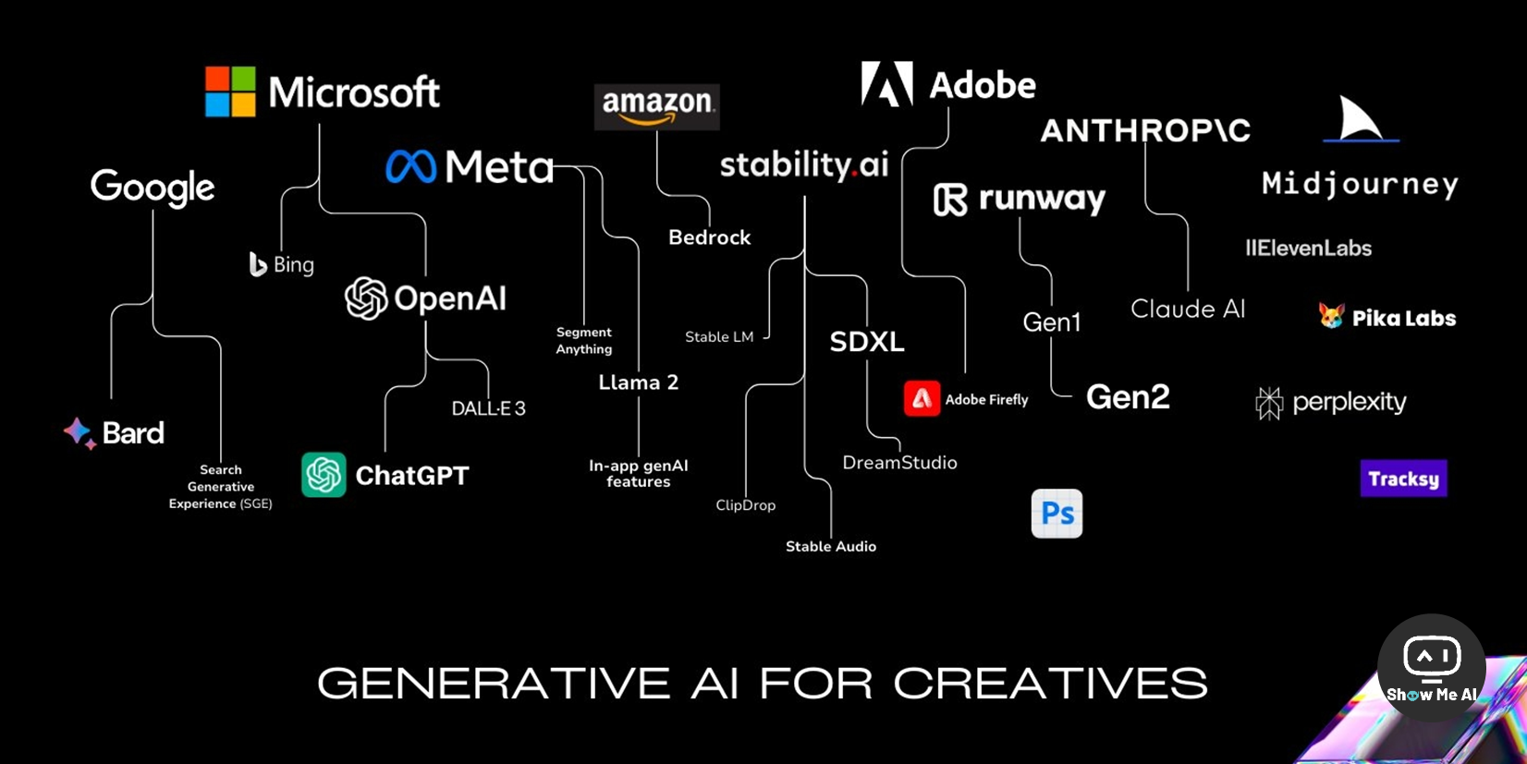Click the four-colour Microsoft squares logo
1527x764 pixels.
click(230, 91)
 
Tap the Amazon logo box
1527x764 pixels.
click(657, 106)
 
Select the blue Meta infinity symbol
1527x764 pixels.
click(410, 167)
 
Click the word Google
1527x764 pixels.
click(153, 188)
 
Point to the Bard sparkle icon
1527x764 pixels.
click(79, 432)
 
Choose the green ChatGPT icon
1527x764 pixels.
click(324, 475)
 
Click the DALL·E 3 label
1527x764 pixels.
click(488, 408)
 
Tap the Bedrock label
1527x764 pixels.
click(709, 237)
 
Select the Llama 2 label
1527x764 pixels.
click(638, 382)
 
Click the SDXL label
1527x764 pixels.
click(866, 342)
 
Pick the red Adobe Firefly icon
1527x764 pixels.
click(922, 399)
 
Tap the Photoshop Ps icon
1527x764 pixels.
click(1057, 514)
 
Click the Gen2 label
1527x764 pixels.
click(1128, 397)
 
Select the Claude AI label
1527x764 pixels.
click(1188, 309)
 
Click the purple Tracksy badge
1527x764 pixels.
click(1403, 479)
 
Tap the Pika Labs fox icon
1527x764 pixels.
click(1331, 316)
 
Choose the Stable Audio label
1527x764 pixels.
click(830, 547)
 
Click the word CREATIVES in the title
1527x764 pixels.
click(1050, 684)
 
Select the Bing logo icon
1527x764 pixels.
click(258, 264)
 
